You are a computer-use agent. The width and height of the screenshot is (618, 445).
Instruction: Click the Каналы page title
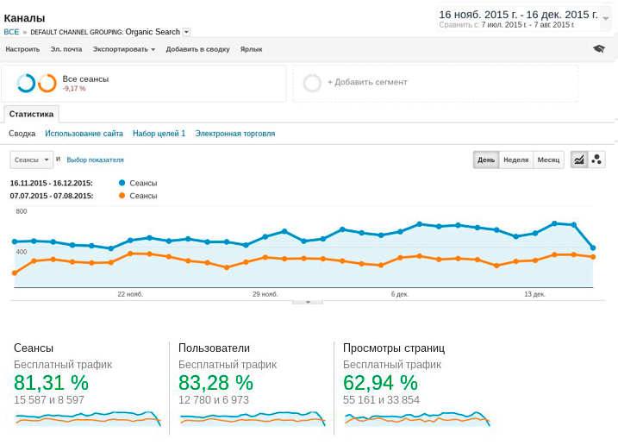24,18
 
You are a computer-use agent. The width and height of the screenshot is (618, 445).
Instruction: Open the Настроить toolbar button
22,49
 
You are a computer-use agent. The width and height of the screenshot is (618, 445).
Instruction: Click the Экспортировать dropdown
123,49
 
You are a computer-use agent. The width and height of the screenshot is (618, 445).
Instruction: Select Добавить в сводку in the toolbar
197,49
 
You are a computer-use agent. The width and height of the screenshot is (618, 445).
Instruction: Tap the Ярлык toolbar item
251,49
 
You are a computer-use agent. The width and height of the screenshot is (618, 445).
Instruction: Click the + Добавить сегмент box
366,83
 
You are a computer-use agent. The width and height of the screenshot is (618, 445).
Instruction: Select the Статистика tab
31,114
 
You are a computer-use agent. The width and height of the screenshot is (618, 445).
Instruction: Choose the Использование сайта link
84,134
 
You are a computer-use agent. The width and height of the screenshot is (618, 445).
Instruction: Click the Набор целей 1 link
159,134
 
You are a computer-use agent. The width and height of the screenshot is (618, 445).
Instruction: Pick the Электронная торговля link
234,134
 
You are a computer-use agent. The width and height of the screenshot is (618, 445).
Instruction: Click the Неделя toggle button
515,160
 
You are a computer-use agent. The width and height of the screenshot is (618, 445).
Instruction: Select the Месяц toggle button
547,160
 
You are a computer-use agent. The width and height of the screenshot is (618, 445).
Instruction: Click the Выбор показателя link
95,160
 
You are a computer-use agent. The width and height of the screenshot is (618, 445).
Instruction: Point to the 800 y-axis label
22,211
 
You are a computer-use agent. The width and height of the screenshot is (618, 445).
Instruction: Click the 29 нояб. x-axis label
266,294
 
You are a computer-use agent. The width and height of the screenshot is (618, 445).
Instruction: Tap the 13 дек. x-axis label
534,294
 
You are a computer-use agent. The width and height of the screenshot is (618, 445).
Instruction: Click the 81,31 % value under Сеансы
51,383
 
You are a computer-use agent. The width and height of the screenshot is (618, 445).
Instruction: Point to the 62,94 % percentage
380,383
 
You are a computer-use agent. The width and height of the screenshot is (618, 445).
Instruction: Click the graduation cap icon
598,49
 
